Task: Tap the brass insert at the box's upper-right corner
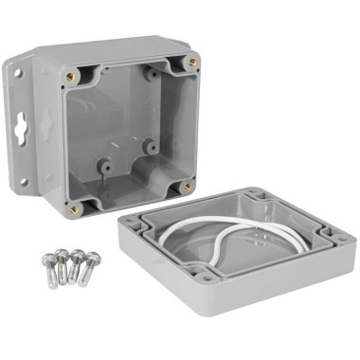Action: [192, 62]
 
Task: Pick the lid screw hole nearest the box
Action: [254, 196]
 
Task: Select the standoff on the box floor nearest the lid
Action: [150, 147]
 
